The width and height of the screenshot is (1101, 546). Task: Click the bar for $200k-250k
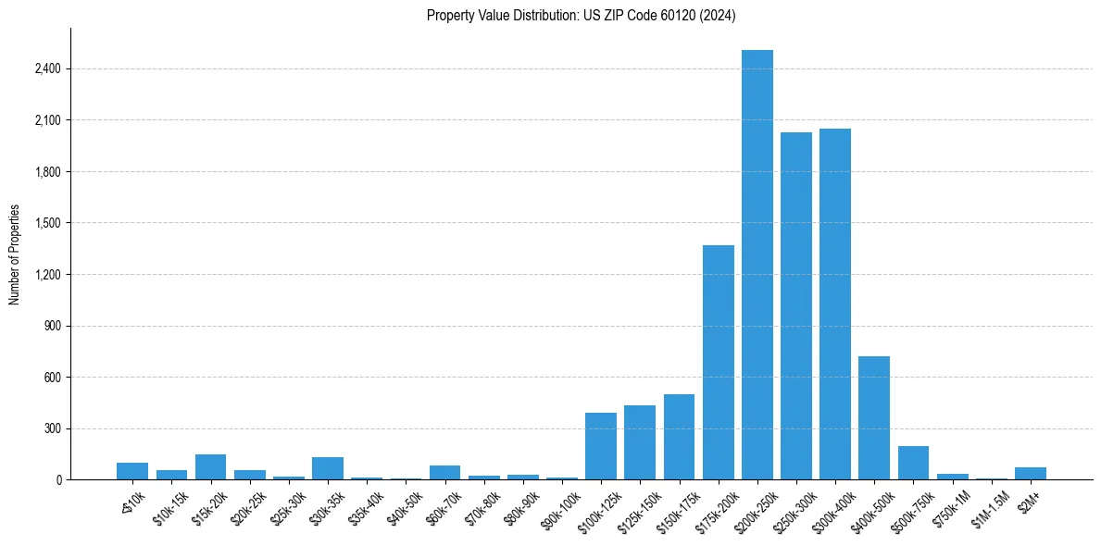point(757,265)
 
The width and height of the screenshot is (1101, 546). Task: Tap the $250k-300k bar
point(795,305)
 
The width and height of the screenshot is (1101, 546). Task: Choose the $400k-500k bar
point(874,417)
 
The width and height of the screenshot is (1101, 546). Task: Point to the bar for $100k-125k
point(601,446)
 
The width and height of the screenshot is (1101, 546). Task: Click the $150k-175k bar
point(679,437)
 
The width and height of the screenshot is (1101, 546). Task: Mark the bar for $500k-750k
point(913,463)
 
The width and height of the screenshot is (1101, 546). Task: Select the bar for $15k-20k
point(211,467)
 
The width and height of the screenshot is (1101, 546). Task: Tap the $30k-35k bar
point(328,468)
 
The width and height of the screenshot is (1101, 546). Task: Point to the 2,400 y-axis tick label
point(45,68)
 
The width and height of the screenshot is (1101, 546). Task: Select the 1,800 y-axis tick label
point(45,171)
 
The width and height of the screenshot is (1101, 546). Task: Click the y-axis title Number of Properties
point(15,254)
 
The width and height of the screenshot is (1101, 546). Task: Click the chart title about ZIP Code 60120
point(582,16)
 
